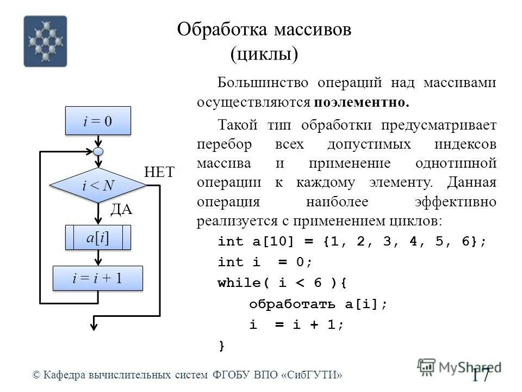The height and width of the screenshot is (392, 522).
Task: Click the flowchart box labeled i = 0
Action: pos(98,120)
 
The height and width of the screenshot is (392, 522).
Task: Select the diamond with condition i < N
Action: pos(98,186)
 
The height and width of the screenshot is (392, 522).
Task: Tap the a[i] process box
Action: pos(98,238)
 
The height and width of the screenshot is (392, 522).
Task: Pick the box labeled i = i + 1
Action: pos(98,278)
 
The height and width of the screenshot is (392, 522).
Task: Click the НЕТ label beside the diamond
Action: pos(159,173)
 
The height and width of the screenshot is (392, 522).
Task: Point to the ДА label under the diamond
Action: pos(121,210)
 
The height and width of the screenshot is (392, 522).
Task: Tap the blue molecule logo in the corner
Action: pos(45,41)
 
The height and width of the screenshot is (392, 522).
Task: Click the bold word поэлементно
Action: pos(361,102)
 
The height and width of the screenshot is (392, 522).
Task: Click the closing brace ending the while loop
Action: pos(221,345)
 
